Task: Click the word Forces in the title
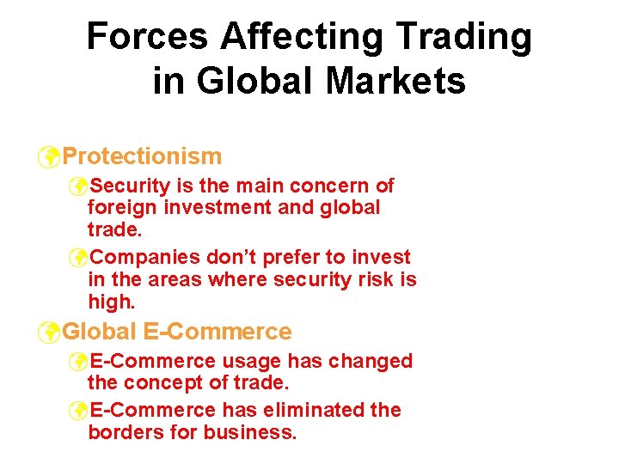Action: pos(147,37)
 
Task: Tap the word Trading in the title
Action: pos(462,37)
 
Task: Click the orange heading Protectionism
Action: pos(143,156)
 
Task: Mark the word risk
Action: pos(377,280)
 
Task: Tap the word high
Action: pos(109,302)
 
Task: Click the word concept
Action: pos(161,383)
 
